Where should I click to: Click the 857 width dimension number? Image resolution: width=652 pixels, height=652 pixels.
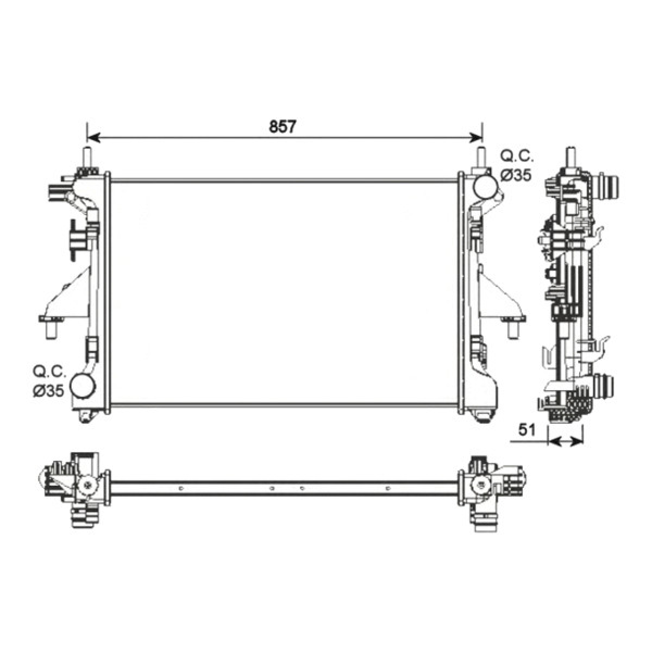pyautogui.click(x=283, y=126)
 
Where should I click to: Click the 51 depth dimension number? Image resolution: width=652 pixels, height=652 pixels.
pyautogui.click(x=527, y=430)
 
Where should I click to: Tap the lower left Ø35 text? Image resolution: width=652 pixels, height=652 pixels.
pyautogui.click(x=48, y=391)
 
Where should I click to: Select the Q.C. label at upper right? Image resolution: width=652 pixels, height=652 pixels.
pyautogui.click(x=517, y=157)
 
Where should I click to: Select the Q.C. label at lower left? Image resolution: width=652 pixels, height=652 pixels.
pyautogui.click(x=49, y=372)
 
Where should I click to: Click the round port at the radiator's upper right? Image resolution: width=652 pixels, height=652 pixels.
pyautogui.click(x=485, y=188)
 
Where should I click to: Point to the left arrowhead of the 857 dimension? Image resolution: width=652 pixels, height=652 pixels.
pyautogui.click(x=93, y=138)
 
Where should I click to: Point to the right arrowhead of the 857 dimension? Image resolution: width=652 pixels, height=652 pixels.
pyautogui.click(x=476, y=138)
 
